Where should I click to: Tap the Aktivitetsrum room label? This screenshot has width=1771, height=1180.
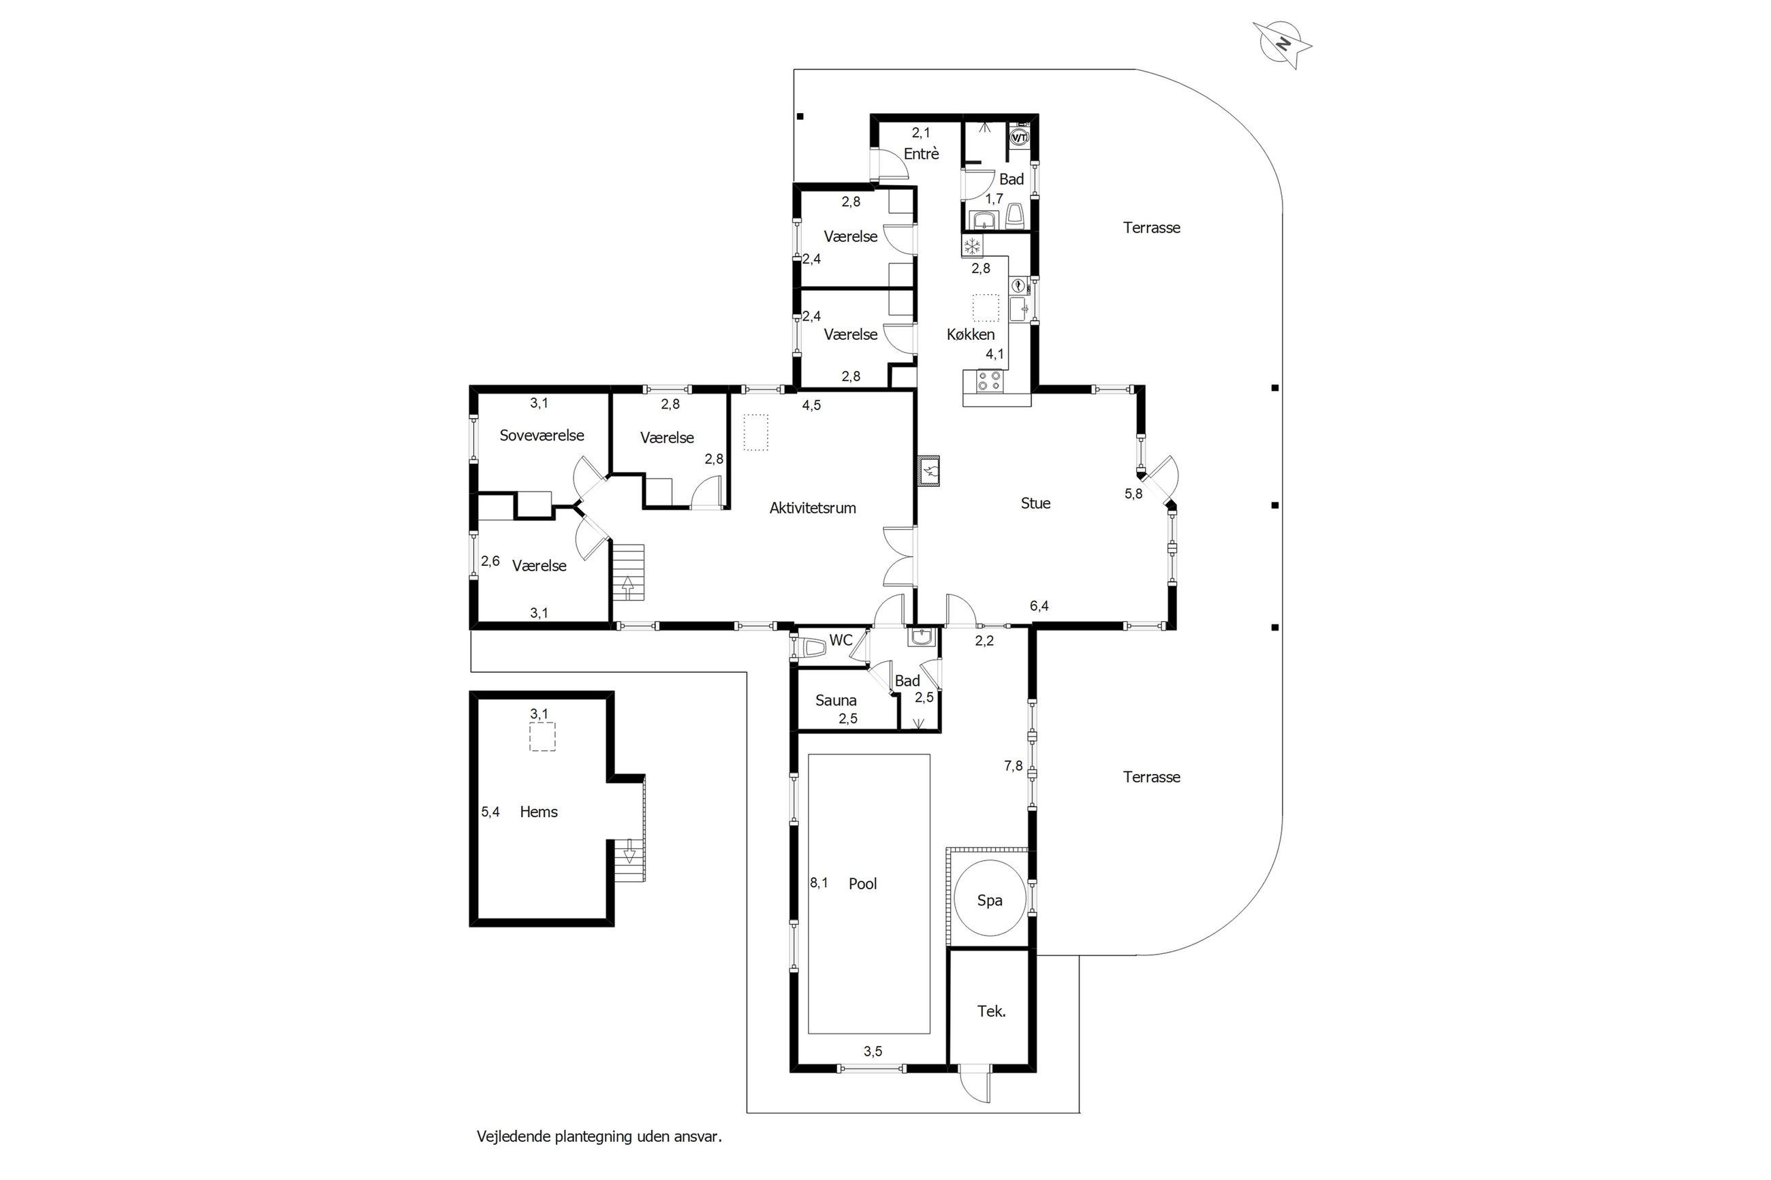coord(812,508)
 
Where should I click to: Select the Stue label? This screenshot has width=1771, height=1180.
coord(1035,503)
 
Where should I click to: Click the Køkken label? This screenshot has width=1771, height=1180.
coord(970,334)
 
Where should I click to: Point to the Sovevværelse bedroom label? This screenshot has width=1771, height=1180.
coord(542,435)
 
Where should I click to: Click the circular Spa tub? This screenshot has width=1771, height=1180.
coord(989,900)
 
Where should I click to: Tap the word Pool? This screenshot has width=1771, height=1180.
coord(862,884)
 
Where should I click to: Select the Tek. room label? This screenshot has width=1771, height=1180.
coord(991,1011)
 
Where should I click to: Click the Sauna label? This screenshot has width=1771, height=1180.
coord(836,701)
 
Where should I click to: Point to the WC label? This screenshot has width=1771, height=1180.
coord(841,639)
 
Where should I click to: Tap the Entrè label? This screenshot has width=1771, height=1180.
coord(921,153)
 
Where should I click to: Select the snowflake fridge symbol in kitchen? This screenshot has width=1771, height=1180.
coord(973,245)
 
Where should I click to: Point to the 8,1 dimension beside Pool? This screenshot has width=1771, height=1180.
coord(819,882)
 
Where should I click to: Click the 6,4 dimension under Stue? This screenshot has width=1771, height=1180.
coord(1039,606)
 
